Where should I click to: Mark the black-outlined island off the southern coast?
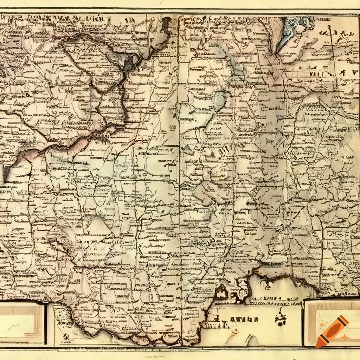point(221,291)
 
